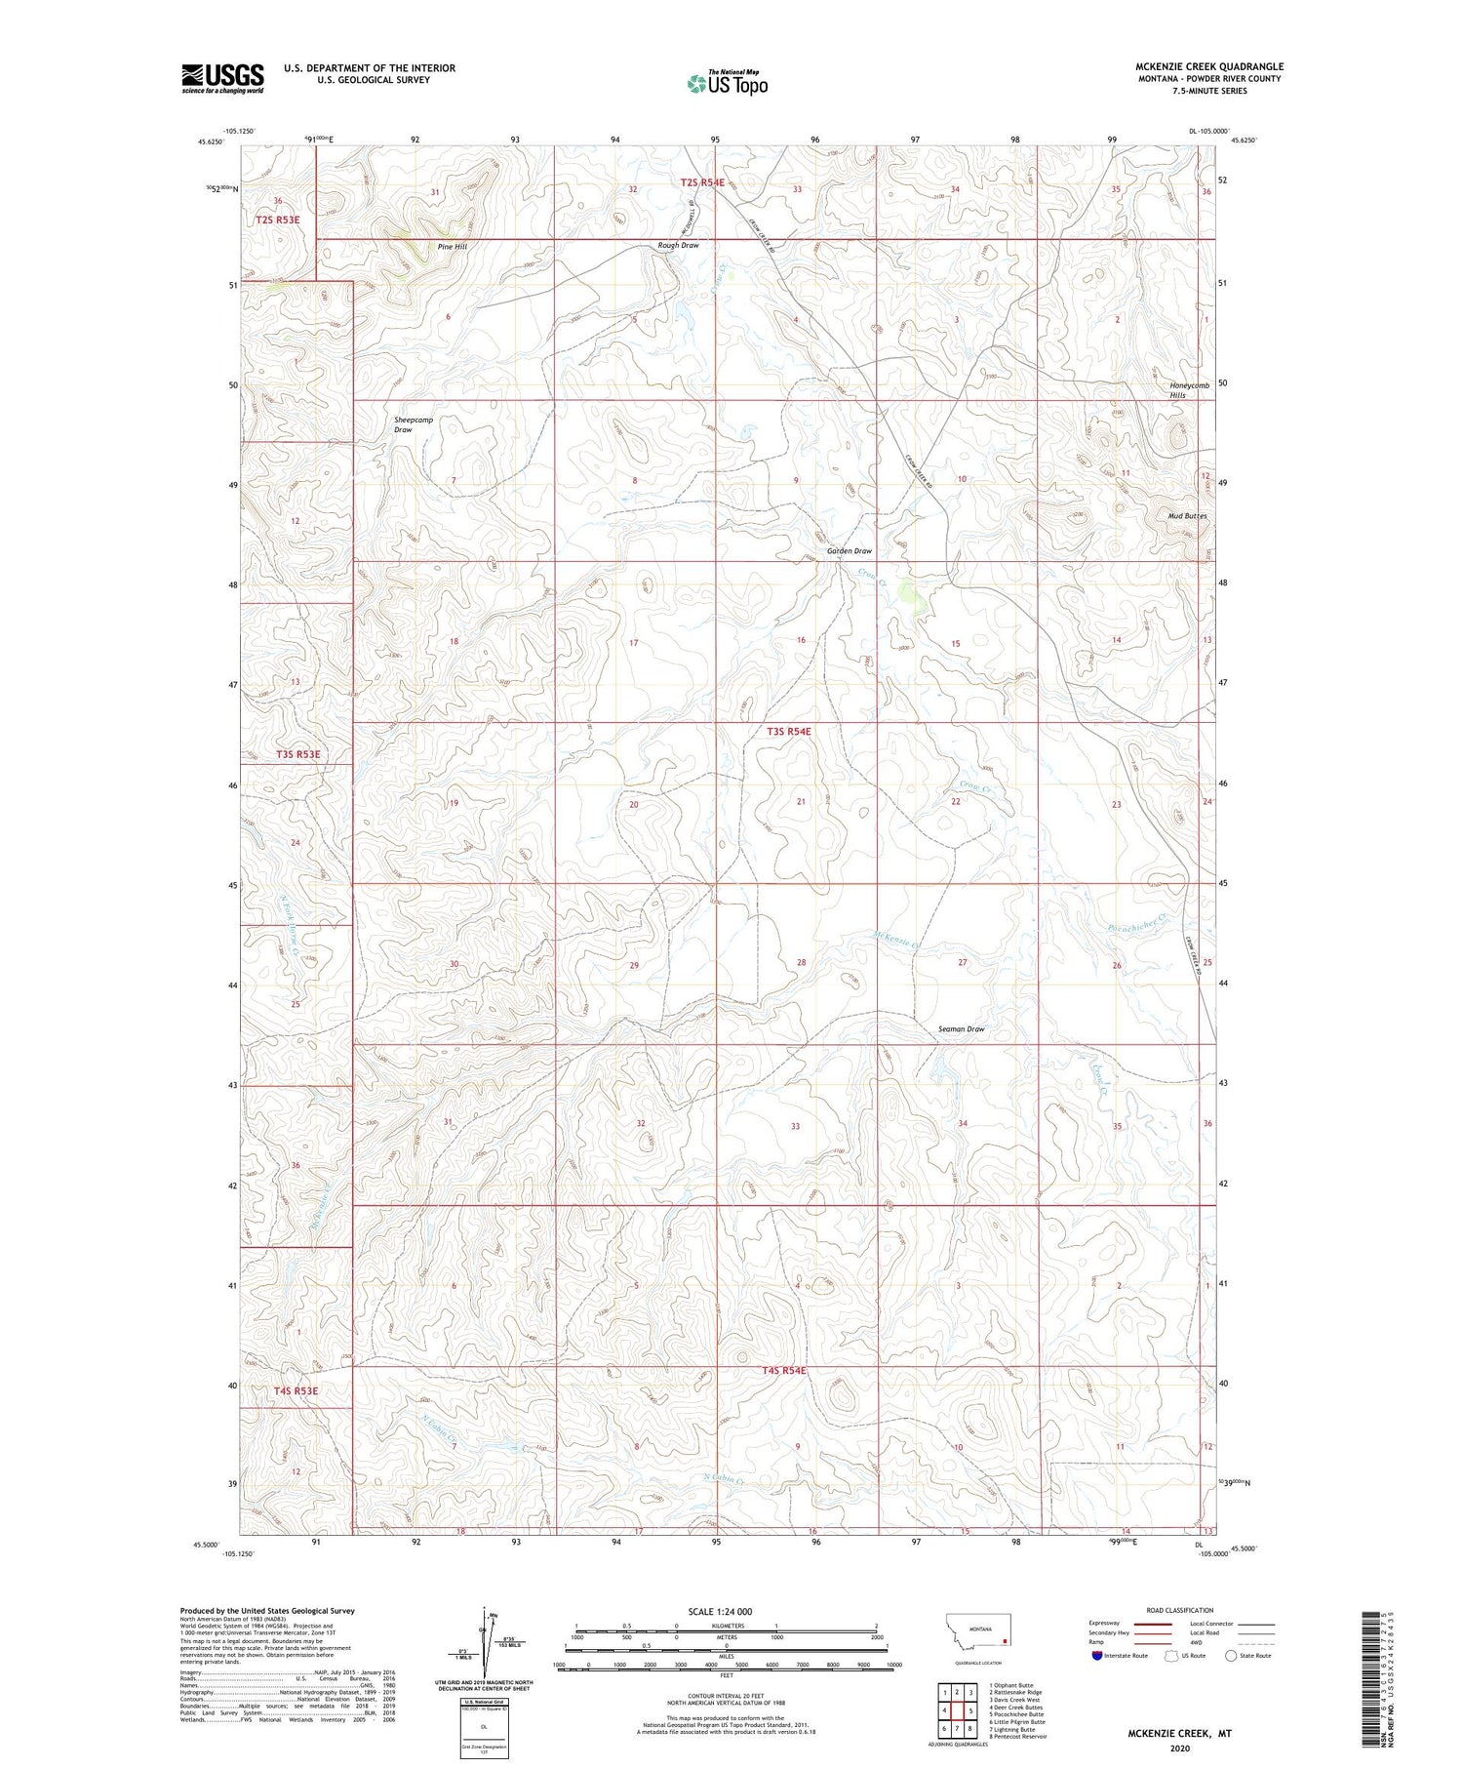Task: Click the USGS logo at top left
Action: tap(222, 78)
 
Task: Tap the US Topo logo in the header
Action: tap(727, 84)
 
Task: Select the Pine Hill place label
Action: tap(452, 247)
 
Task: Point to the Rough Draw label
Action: tap(678, 245)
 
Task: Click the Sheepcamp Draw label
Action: tap(413, 424)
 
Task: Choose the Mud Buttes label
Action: tap(1187, 515)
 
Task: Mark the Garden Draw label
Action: tap(849, 551)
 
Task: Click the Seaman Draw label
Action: tap(961, 1029)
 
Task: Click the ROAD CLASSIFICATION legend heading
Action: tap(1179, 1610)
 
